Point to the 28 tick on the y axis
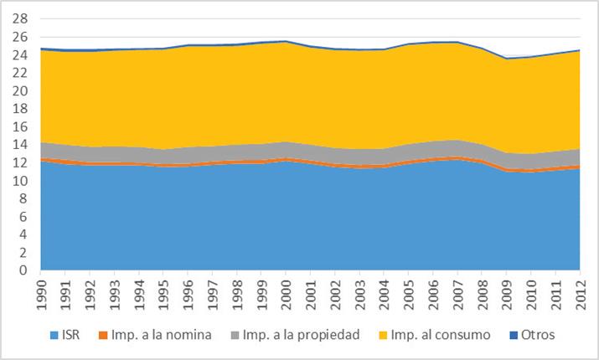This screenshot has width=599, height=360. point(22,18)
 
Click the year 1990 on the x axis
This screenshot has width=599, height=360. point(39,293)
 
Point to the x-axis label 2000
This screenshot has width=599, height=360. point(286,293)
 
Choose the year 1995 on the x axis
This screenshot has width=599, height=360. point(163,293)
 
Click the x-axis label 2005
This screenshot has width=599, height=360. point(409,293)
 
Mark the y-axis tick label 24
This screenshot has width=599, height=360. point(22,54)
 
